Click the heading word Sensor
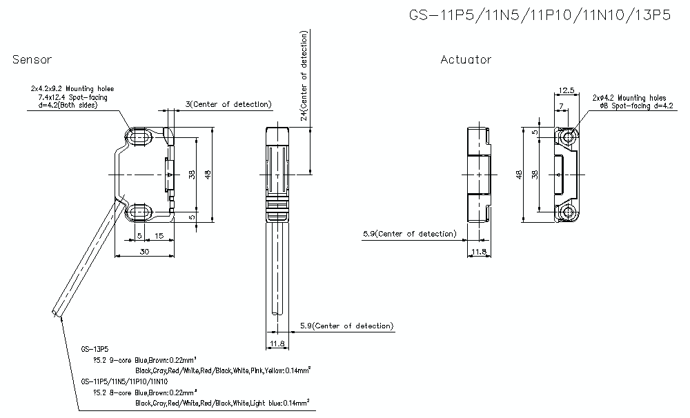[32, 60]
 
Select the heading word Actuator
[466, 60]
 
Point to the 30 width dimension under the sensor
[144, 252]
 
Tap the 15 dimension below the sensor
[159, 236]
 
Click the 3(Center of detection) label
[228, 105]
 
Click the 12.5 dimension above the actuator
[566, 90]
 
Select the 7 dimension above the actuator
[561, 104]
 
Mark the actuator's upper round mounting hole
[569, 137]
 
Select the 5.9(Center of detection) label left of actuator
[409, 234]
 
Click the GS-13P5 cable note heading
[94, 349]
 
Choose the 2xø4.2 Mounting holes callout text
[629, 98]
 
